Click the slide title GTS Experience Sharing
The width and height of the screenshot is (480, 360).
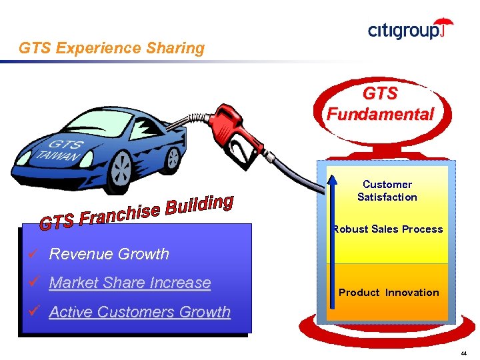point(111,48)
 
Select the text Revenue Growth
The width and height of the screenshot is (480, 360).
point(109,254)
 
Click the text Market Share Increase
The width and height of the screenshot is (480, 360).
point(130,283)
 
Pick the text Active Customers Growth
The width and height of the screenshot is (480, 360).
point(140,312)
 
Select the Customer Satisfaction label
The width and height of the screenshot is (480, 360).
point(387,191)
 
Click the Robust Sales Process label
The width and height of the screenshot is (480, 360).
point(388,229)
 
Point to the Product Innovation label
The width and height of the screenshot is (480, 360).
point(389,293)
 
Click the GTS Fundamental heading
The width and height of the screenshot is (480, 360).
point(381,104)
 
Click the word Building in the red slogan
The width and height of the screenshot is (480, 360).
point(199,205)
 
